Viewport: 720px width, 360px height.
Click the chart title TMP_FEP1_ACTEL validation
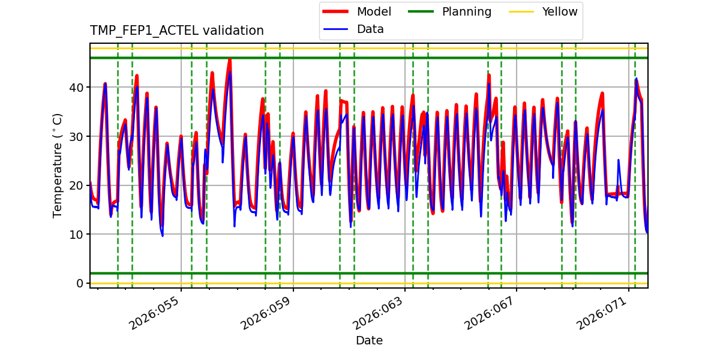coord(176,31)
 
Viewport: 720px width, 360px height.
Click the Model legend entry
coord(374,11)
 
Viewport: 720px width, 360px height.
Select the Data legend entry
coord(370,29)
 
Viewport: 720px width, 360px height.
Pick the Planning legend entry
coord(466,11)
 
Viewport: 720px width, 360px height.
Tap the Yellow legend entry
coord(559,11)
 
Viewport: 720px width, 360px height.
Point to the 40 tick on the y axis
coord(77,88)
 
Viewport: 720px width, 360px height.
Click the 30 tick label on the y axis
coord(77,137)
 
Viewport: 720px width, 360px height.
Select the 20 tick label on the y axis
coord(77,185)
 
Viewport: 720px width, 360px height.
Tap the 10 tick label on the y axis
coord(77,235)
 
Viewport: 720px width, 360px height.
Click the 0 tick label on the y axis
coord(80,283)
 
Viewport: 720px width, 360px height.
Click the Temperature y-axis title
coord(58,165)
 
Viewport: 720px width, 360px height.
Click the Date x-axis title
coord(369,341)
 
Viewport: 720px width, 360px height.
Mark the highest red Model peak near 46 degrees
coord(229,59)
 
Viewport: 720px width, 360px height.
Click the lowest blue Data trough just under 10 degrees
coord(162,235)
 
